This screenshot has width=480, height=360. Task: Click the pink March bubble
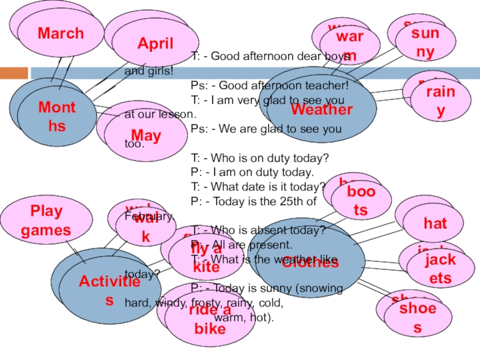tap(61, 34)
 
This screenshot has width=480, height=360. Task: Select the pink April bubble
tap(155, 43)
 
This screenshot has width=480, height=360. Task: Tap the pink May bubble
tap(146, 136)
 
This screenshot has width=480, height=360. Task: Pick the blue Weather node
tap(322, 110)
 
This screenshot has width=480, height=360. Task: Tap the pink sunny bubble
tap(425, 42)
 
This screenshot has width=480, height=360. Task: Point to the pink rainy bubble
tap(440, 100)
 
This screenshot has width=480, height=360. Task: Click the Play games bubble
tap(46, 221)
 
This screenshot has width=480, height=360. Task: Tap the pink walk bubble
tap(145, 227)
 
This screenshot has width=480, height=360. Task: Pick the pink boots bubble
tap(361, 200)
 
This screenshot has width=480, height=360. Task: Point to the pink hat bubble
tap(435, 224)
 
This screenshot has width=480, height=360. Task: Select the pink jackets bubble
tap(440, 269)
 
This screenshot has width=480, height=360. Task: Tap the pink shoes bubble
tap(418, 317)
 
